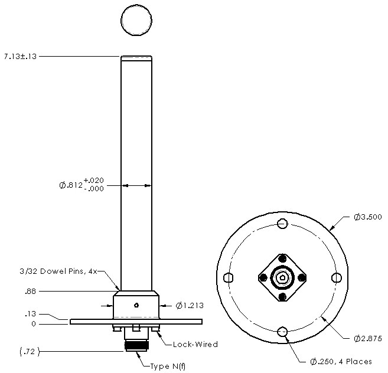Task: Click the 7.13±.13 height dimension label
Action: click(x=20, y=57)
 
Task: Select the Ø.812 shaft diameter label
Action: click(x=80, y=185)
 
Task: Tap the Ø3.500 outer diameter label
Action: click(x=367, y=217)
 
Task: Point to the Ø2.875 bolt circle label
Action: click(x=367, y=338)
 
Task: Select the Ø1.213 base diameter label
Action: click(x=190, y=306)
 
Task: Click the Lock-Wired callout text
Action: click(x=195, y=344)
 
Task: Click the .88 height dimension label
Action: click(x=31, y=291)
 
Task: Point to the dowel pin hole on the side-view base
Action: click(x=136, y=305)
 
